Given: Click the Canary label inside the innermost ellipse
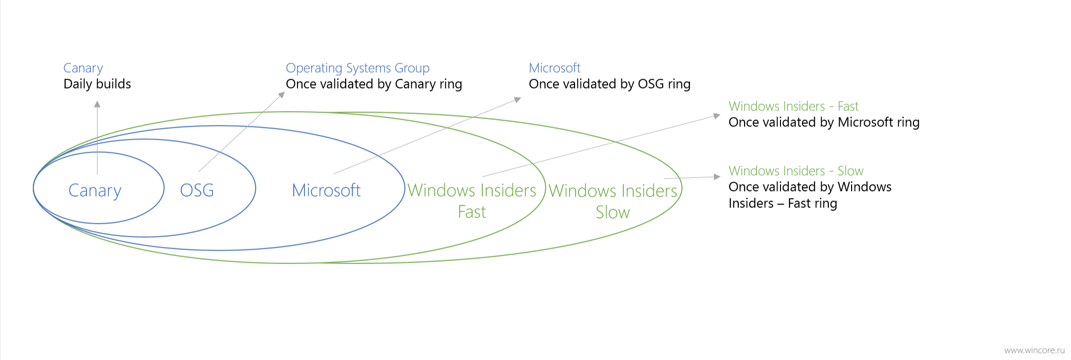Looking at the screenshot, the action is pyautogui.click(x=95, y=191).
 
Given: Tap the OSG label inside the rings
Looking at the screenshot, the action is pyautogui.click(x=197, y=190).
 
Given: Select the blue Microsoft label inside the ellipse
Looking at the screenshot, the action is pyautogui.click(x=326, y=190).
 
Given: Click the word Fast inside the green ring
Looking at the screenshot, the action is pyautogui.click(x=472, y=212).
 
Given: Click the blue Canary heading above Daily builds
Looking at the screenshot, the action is pyautogui.click(x=83, y=69).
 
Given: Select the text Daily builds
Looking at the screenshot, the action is pyautogui.click(x=97, y=84).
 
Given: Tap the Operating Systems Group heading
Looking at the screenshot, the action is pyautogui.click(x=358, y=69).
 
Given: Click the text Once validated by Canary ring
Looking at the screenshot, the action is pyautogui.click(x=374, y=84).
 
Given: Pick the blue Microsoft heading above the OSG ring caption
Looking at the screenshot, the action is pyautogui.click(x=555, y=68).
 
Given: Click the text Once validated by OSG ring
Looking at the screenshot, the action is pyautogui.click(x=610, y=84).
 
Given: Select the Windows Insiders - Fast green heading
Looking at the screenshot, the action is pyautogui.click(x=793, y=106).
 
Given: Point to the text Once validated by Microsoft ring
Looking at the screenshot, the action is pyautogui.click(x=824, y=122).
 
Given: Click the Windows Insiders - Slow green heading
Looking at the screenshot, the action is pyautogui.click(x=796, y=171).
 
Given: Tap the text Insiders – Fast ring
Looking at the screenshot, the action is pyautogui.click(x=783, y=203).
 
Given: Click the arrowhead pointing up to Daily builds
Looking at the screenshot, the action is pyautogui.click(x=97, y=104).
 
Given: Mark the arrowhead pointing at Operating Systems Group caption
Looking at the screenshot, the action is pyautogui.click(x=282, y=94).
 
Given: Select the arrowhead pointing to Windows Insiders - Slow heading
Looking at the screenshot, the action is pyautogui.click(x=717, y=177).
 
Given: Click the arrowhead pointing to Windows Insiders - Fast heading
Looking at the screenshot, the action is pyautogui.click(x=717, y=116).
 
